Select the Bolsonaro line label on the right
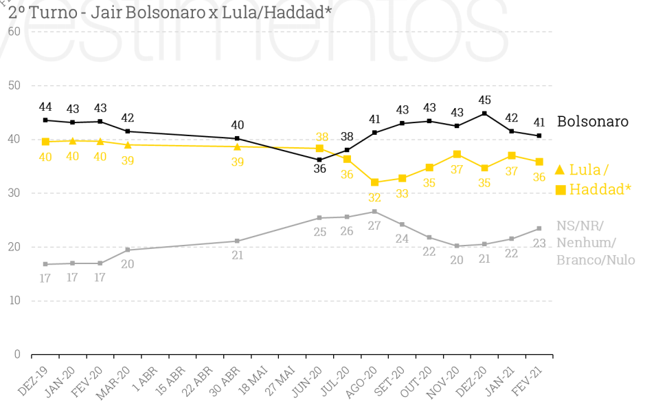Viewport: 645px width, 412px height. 592,122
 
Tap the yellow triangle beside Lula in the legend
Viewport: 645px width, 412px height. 560,169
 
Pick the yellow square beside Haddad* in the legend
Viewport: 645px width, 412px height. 561,190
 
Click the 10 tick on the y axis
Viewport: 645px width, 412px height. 14,301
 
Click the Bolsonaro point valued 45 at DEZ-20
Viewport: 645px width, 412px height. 484,113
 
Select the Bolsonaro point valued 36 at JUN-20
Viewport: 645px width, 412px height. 319,160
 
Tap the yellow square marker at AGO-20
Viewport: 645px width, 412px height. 374,182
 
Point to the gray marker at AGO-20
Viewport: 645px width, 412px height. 374,211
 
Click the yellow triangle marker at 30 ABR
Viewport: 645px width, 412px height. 238,147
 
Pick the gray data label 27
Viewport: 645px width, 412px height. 375,225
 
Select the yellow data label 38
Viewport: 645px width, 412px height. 321,137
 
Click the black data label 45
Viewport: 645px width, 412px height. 484,100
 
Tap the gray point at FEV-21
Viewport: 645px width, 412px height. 539,228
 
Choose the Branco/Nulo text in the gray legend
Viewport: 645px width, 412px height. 595,260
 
